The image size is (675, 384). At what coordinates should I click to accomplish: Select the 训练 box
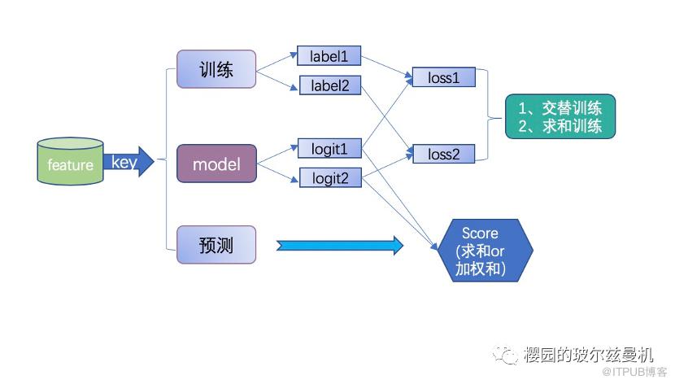[216, 69]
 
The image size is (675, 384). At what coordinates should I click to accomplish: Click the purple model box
[216, 164]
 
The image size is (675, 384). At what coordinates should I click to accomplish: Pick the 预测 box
[216, 244]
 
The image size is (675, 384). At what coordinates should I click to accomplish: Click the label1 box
[329, 56]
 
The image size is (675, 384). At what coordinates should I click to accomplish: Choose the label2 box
[329, 84]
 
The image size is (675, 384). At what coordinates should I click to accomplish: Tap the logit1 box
[329, 149]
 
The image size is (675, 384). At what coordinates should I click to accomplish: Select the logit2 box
[329, 177]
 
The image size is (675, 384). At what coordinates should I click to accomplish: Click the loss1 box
[443, 78]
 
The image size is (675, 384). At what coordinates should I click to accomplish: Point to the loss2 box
[443, 153]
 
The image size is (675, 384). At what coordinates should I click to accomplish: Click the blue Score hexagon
[485, 250]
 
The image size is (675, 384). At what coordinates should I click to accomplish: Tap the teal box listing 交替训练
[560, 116]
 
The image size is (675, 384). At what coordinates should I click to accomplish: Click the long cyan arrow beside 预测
[340, 245]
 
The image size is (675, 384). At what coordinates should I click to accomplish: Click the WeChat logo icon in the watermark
[508, 356]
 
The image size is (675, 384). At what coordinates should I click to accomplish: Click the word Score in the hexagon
[480, 233]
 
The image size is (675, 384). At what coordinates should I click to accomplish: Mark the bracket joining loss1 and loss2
[488, 116]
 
